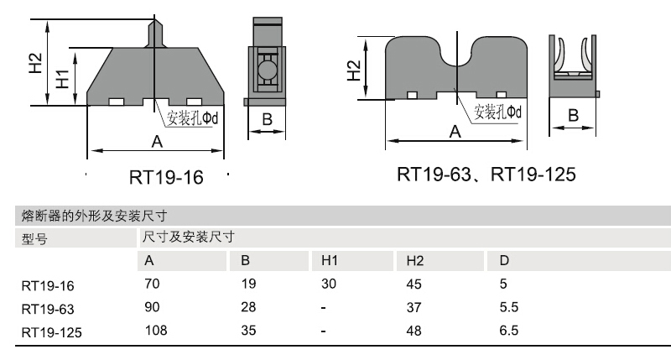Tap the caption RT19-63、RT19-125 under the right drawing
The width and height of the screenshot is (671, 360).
(486, 175)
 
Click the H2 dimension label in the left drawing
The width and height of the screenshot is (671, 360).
(34, 64)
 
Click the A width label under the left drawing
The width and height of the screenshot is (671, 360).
(156, 142)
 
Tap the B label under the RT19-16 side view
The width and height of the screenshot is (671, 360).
(267, 120)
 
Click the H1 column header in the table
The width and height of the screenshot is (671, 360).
(329, 261)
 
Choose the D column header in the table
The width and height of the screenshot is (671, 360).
(503, 261)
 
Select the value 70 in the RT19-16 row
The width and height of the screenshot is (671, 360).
(152, 284)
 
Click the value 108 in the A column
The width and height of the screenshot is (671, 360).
(155, 331)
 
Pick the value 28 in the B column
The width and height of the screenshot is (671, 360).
(247, 307)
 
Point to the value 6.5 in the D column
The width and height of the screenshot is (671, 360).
(508, 331)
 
